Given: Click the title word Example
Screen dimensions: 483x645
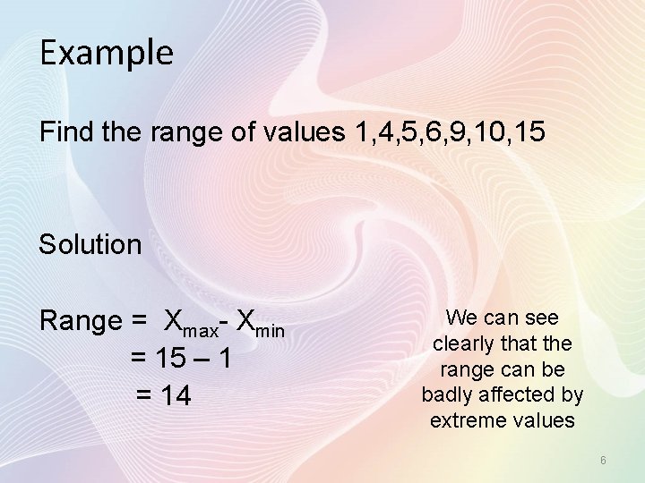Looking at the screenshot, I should coord(106,54).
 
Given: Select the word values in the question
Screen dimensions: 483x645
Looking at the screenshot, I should coord(301,132).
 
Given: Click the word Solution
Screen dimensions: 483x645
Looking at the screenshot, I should coord(90,244).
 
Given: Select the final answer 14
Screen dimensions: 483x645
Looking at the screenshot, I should coord(176,394).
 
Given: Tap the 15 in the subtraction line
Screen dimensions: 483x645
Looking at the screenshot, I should coord(168,358).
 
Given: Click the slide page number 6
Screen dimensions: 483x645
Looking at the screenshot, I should coord(603,461).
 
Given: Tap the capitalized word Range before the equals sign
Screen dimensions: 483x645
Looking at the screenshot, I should coord(81,320).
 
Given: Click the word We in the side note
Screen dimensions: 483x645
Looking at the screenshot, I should coord(460,318).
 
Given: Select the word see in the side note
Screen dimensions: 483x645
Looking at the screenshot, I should coord(542,318).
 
